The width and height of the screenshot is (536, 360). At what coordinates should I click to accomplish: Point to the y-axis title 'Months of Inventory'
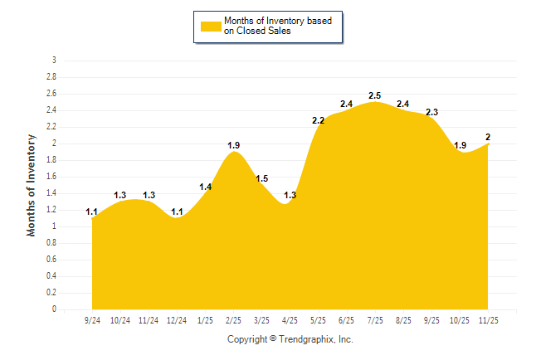coord(32,185)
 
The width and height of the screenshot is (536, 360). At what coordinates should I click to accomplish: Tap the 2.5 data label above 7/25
coord(375,96)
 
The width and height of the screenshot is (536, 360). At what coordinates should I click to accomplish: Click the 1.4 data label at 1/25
coord(206,187)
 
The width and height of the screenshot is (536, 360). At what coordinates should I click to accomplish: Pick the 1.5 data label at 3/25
coord(262,179)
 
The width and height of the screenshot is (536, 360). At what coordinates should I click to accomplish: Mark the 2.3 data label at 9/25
coord(431,113)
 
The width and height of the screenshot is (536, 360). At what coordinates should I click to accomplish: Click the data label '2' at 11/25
coord(488,138)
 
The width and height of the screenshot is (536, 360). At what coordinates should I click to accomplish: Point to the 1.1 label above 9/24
coord(92,212)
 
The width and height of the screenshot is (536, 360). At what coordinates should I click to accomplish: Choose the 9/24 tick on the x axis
coord(93,320)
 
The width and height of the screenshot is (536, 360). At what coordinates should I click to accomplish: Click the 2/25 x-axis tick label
coord(234,320)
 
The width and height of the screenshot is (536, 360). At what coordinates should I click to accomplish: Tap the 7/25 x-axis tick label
coord(375,320)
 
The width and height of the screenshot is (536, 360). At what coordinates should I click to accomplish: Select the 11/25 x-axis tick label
coord(488,320)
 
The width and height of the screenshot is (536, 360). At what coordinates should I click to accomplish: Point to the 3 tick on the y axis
coord(54,61)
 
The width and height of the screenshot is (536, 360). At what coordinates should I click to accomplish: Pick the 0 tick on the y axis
coord(54,309)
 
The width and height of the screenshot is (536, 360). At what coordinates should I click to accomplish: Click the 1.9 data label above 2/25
coord(234,146)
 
